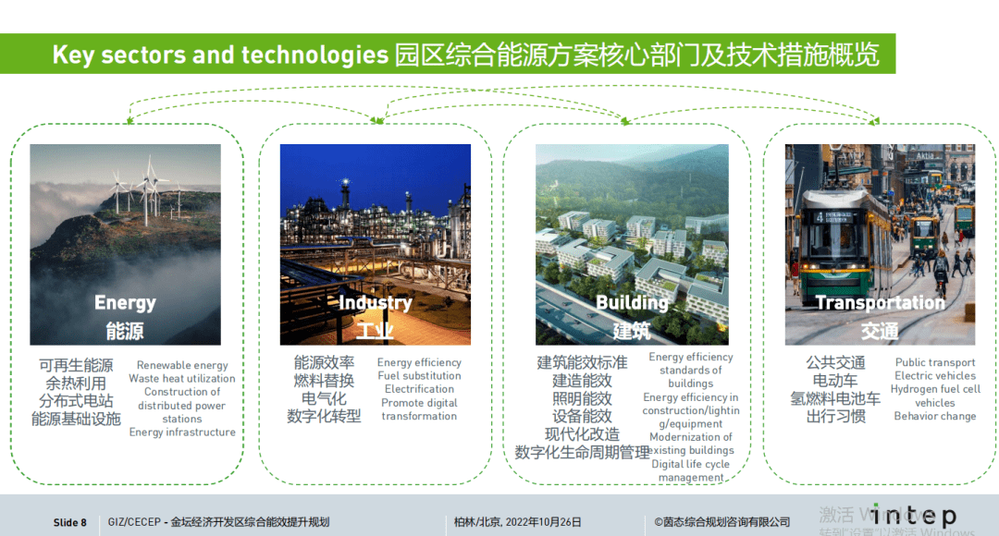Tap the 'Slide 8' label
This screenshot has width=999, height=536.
point(70,523)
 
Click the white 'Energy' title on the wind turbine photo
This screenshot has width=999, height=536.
point(125,303)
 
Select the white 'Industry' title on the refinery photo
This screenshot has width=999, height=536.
point(375,303)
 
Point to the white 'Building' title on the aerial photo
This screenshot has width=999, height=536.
point(632,303)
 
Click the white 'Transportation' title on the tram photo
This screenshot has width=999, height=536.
point(880,303)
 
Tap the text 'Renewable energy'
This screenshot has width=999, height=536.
point(182,365)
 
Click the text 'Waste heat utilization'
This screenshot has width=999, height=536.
point(182,379)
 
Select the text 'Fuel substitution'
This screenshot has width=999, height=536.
point(419,376)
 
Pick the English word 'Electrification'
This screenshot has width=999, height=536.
point(419,389)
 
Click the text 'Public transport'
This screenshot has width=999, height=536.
point(935,363)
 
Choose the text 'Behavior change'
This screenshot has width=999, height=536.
point(935,416)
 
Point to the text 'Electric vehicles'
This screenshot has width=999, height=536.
point(935,376)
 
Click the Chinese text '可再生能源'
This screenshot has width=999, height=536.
point(76,365)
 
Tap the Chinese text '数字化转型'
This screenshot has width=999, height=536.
point(324,416)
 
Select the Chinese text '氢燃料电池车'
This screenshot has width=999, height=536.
point(835,398)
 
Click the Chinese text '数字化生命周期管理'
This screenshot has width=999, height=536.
point(582,452)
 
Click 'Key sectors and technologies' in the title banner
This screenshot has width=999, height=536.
point(220,55)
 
